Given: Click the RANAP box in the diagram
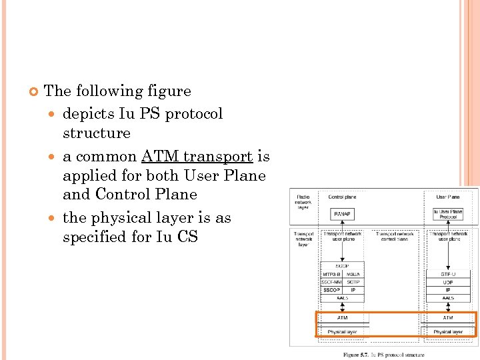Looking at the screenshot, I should [x=343, y=213].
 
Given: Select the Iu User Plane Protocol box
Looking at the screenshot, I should [x=449, y=213].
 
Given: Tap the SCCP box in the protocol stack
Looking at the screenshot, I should [x=343, y=265].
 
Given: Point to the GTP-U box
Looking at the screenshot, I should [x=449, y=273].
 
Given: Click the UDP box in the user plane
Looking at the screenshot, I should [x=449, y=281].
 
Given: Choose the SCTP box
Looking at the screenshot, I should [x=353, y=281].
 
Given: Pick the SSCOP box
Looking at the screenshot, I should [x=331, y=290].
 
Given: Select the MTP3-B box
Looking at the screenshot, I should [x=331, y=273].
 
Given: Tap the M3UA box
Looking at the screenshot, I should [x=353, y=273].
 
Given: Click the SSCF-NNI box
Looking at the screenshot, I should [x=331, y=281].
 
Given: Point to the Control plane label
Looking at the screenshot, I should [x=342, y=197].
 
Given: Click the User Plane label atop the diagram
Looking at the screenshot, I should [x=449, y=197].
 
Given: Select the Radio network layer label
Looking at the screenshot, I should [x=303, y=201].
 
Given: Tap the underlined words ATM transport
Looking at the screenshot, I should [x=197, y=157].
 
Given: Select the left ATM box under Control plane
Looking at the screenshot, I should [x=342, y=318].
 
